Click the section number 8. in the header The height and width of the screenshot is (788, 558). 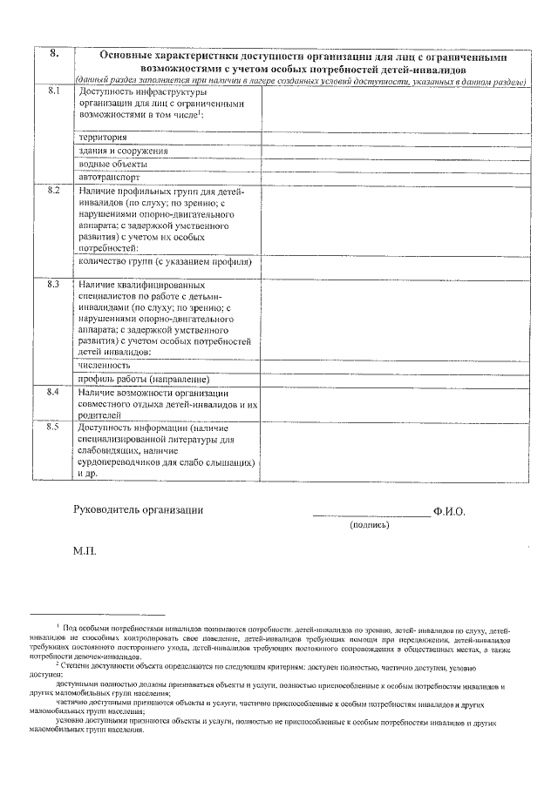[53, 54]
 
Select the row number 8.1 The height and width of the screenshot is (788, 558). [53, 91]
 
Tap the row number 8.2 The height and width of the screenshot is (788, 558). [53, 191]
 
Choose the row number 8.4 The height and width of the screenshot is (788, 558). [53, 393]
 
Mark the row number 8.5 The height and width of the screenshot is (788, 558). [53, 427]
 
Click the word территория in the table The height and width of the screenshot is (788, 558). [103, 138]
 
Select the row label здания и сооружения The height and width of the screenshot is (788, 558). [123, 151]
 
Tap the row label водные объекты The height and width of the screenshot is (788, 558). [112, 164]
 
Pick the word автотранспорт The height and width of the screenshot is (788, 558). [109, 176]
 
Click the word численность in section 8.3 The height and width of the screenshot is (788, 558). [105, 366]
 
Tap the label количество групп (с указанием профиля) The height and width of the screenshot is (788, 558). [165, 261]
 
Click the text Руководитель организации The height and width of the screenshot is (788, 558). [139, 510]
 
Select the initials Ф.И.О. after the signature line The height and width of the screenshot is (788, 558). [449, 511]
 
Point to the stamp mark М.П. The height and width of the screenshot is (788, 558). [86, 552]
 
